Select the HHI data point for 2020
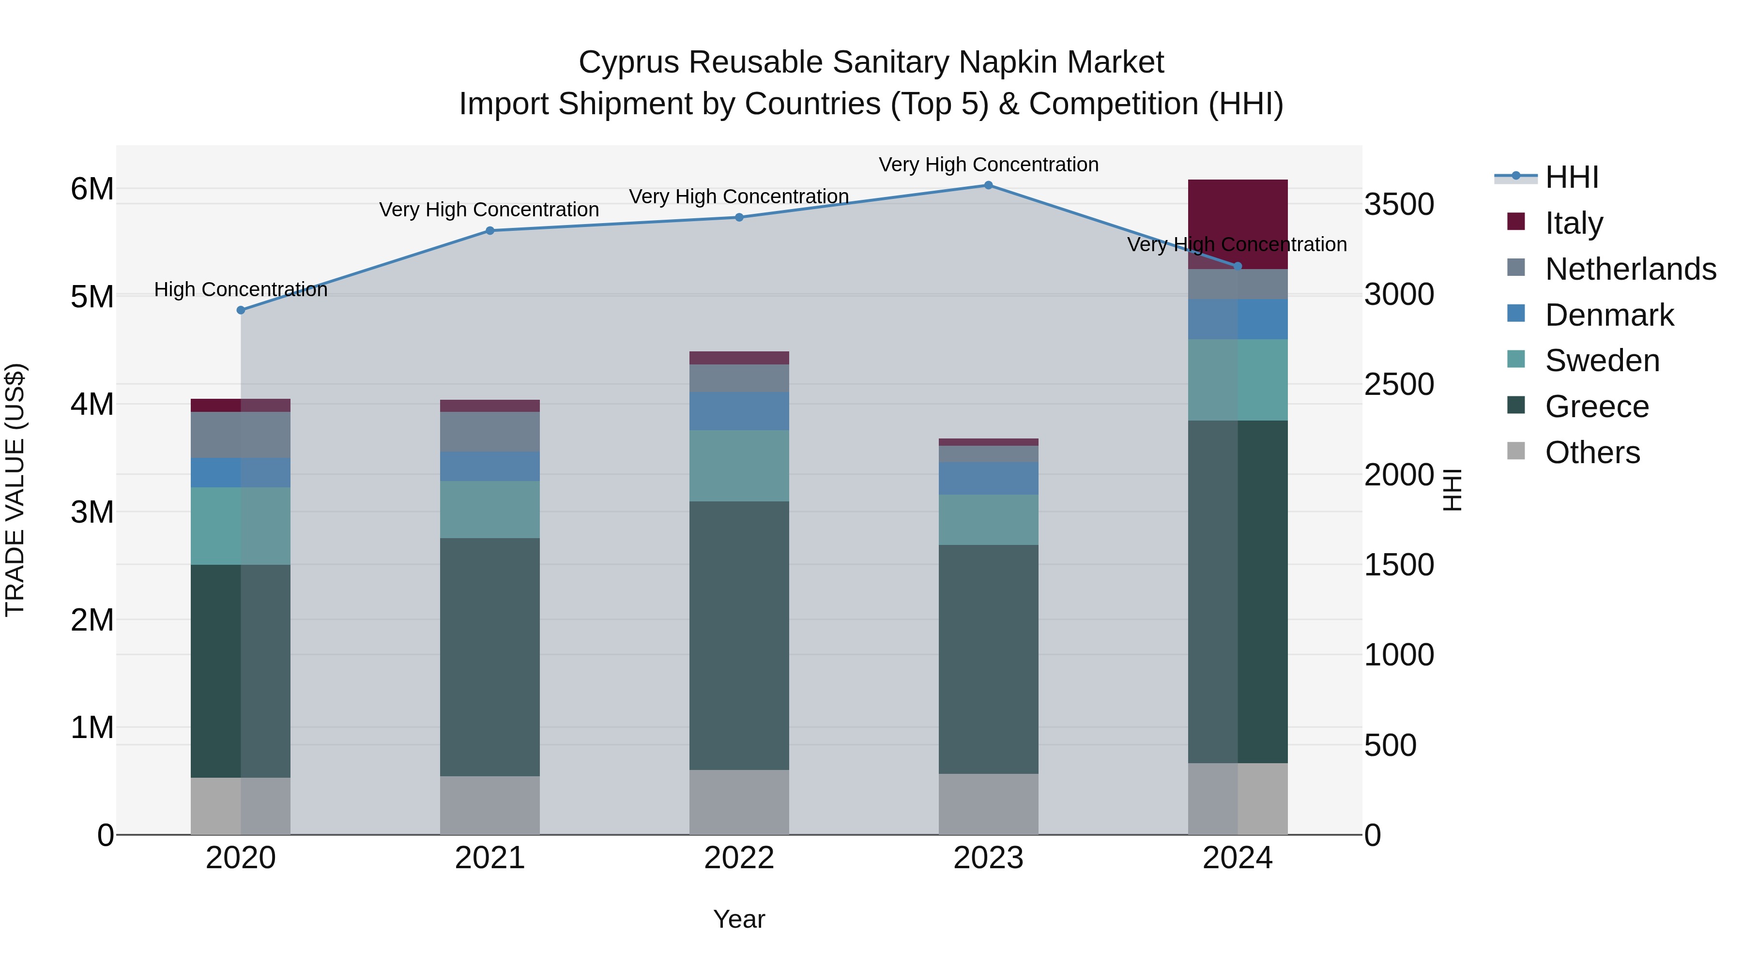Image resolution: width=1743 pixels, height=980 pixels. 241,310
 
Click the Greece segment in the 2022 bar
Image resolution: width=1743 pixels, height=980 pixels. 739,636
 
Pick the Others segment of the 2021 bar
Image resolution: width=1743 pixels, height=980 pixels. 490,805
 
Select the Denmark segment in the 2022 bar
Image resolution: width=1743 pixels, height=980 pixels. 739,411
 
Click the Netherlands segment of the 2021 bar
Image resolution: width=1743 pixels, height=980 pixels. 490,432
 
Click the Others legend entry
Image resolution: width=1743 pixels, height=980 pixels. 1591,452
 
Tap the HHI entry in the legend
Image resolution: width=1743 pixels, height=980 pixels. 1571,177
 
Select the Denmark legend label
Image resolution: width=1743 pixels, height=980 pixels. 1609,315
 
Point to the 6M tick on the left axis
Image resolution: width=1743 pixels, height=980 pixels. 92,189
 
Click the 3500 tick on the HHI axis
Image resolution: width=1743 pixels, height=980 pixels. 1399,204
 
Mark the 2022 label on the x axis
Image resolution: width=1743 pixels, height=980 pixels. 739,858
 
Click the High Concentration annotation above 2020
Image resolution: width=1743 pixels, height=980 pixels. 241,289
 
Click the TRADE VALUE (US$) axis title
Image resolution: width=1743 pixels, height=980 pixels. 15,490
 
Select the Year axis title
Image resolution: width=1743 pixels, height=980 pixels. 739,919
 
